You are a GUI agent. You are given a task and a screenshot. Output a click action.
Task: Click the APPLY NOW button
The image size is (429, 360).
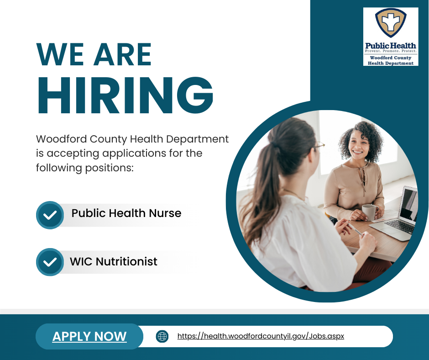[89, 336]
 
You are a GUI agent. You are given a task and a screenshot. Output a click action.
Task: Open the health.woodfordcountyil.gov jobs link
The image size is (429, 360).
[261, 336]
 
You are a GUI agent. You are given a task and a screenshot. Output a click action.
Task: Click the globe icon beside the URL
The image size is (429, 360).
[162, 337]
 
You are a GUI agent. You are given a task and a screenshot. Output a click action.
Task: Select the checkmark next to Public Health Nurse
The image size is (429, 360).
[50, 215]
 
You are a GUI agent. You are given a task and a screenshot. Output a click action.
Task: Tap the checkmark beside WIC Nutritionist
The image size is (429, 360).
[50, 262]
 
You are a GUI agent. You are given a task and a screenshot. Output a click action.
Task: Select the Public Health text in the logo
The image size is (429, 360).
[390, 45]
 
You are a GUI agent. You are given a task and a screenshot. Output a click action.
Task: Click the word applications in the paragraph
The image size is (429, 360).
[133, 153]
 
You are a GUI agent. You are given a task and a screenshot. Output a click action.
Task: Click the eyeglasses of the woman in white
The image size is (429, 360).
[319, 145]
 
